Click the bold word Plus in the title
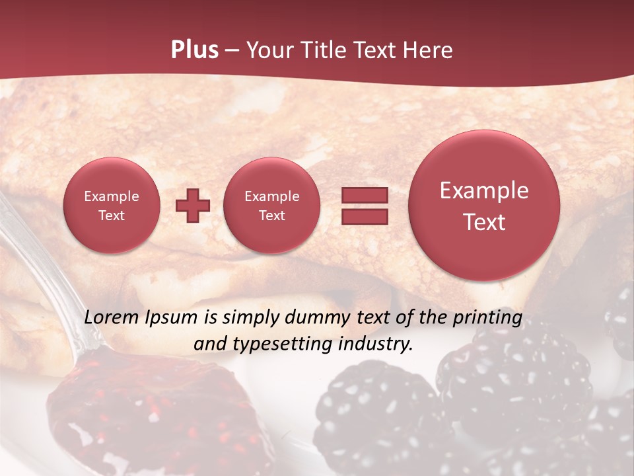coord(194,50)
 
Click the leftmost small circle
coord(111,206)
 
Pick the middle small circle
coord(271,206)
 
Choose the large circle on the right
coord(484,206)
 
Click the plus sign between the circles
coord(193,206)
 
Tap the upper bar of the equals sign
coord(365,195)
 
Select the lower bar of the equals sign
coord(365,216)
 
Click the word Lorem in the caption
coord(112,317)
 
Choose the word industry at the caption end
coord(378,344)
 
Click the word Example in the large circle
coord(484,190)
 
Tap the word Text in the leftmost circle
coord(111,216)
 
